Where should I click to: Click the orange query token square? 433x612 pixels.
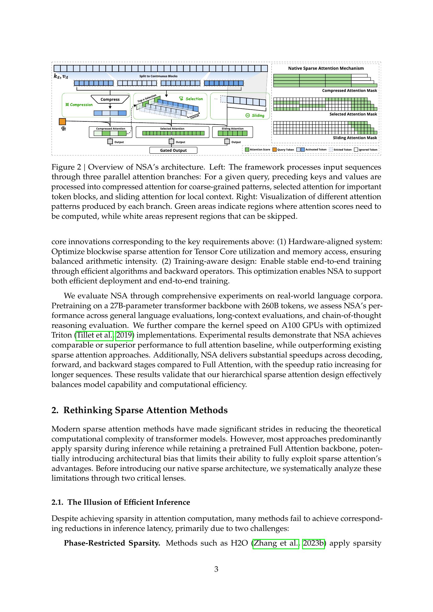62,122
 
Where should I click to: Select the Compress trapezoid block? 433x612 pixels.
110,99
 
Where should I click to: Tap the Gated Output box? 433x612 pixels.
173,150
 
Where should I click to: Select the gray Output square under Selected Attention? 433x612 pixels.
171,142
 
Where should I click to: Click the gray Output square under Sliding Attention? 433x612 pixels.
227,142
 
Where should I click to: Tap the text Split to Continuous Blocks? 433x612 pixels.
158,76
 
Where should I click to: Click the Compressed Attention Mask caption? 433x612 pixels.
349,91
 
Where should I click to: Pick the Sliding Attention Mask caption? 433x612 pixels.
355,138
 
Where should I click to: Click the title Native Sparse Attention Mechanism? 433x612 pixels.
326,68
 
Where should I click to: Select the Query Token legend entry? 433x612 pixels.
283,150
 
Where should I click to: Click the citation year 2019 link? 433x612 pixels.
124,335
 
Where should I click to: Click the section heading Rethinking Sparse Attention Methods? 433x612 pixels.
145,410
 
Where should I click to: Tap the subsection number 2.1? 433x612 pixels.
57,502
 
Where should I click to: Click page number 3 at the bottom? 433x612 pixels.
216,569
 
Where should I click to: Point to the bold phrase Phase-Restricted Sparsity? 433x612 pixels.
112,543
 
